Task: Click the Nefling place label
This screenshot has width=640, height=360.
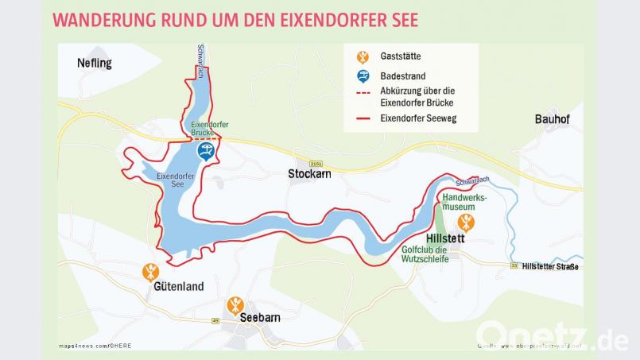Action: pyautogui.click(x=95, y=63)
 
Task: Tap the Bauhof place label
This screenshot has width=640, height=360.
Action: pyautogui.click(x=553, y=119)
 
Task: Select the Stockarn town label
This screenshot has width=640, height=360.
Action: pyautogui.click(x=309, y=174)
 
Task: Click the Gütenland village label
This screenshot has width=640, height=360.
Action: pyautogui.click(x=179, y=286)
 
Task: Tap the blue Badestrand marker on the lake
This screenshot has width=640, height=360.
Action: pyautogui.click(x=206, y=151)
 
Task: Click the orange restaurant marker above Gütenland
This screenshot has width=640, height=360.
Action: pyautogui.click(x=150, y=272)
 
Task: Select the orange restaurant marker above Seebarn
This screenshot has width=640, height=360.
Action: pyautogui.click(x=235, y=304)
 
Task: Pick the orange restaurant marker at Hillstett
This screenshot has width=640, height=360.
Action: pyautogui.click(x=466, y=221)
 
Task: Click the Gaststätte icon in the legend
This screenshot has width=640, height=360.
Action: pyautogui.click(x=363, y=57)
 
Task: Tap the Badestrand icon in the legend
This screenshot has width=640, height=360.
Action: pyautogui.click(x=363, y=76)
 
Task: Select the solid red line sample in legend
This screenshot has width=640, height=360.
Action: pyautogui.click(x=363, y=118)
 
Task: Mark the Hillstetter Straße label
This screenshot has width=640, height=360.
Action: pyautogui.click(x=550, y=266)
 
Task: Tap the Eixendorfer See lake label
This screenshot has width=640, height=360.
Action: pyautogui.click(x=171, y=180)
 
